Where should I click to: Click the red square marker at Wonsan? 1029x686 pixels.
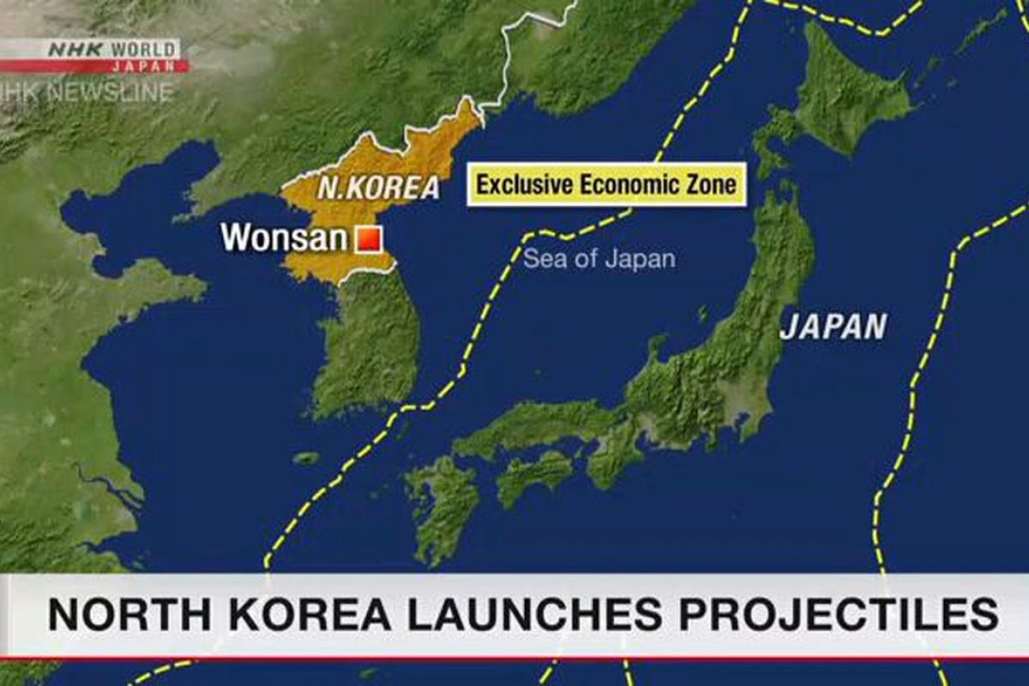pyautogui.click(x=368, y=239)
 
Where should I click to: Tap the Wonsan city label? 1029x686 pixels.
pyautogui.click(x=284, y=238)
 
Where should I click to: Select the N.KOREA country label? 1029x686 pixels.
pyautogui.click(x=378, y=188)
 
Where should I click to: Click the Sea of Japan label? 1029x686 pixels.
pyautogui.click(x=599, y=258)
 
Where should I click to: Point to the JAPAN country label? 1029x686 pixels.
pyautogui.click(x=833, y=327)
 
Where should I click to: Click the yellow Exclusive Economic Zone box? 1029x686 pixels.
pyautogui.click(x=606, y=184)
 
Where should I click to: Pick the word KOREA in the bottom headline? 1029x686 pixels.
pyautogui.click(x=304, y=616)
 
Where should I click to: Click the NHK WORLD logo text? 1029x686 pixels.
pyautogui.click(x=111, y=50)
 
